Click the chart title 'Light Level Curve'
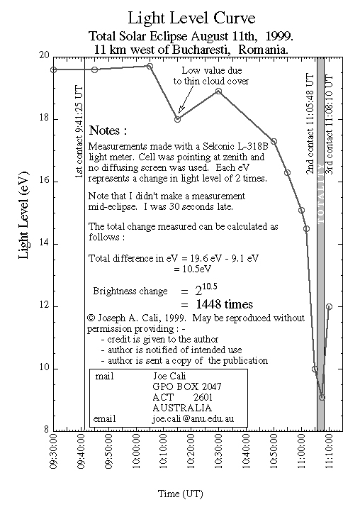(191, 18)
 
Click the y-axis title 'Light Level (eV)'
(24, 215)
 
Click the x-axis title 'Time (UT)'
(180, 494)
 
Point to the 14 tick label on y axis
(44, 243)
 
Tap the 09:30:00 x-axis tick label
(54, 451)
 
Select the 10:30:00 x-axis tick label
(219, 451)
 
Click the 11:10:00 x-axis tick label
(329, 451)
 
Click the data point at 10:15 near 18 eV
(177, 119)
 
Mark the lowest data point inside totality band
(322, 397)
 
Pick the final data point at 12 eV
(329, 306)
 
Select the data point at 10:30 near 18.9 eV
(219, 91)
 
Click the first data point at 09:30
(54, 69)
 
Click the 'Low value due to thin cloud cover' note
(211, 76)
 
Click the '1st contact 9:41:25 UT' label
(79, 132)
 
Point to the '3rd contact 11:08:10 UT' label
(329, 125)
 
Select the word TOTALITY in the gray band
(320, 194)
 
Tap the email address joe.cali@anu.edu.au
(193, 418)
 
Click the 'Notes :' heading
(108, 130)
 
